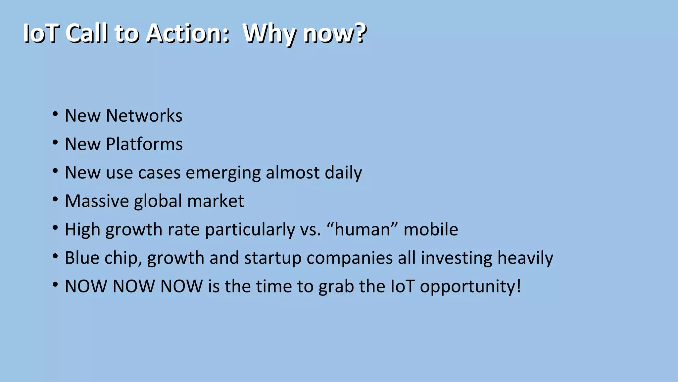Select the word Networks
click(144, 116)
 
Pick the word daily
click(343, 173)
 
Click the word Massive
click(97, 201)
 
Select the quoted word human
click(362, 229)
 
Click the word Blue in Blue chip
click(82, 258)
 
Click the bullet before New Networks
click(55, 114)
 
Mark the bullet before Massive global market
click(55, 200)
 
